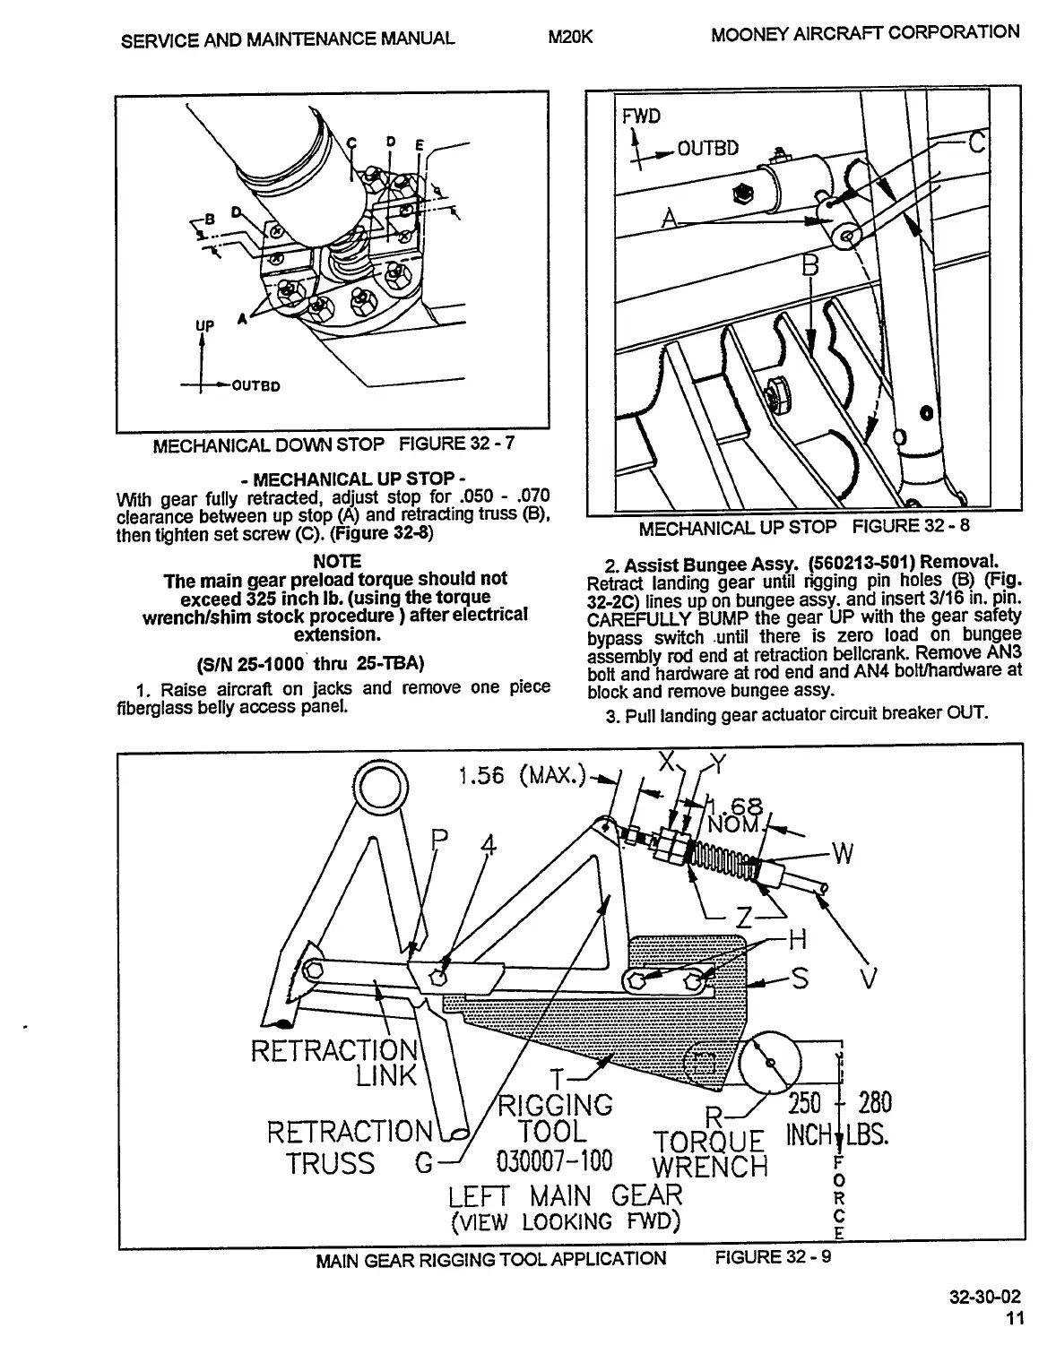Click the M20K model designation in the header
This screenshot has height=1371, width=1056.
pos(571,37)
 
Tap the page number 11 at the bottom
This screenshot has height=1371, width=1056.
pos(1013,1318)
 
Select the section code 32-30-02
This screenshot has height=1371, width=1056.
pos(987,1298)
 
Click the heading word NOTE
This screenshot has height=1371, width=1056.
pos(337,561)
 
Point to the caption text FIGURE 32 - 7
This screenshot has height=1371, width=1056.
pos(457,443)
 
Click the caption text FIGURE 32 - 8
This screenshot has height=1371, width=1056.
pos(911,525)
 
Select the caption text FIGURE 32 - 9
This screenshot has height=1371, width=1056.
pos(773,1257)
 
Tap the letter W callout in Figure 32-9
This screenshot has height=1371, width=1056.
pos(843,855)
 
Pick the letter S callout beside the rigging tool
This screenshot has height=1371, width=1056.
pos(801,979)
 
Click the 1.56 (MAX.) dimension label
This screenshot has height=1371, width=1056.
pos(521,774)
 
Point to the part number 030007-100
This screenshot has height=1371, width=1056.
pos(553,1162)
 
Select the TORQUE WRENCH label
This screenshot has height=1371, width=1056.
pos(710,1154)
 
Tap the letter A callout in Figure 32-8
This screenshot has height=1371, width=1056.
pos(669,217)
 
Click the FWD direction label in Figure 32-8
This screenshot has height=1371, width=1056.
pos(641,116)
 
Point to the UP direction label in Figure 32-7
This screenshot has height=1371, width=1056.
pos(205,326)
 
